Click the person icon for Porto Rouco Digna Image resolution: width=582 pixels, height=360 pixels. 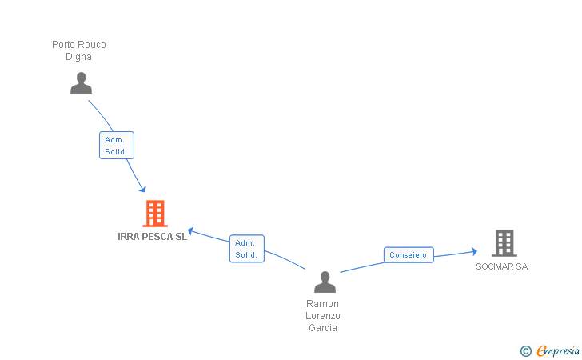[81, 83]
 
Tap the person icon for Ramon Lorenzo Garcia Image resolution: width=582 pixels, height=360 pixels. [325, 282]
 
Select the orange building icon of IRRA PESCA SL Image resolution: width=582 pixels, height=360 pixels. [154, 214]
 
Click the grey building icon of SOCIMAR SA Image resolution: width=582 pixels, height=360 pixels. [504, 242]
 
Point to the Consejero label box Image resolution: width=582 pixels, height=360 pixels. [409, 255]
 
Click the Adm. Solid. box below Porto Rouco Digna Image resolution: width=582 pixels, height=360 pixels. [116, 145]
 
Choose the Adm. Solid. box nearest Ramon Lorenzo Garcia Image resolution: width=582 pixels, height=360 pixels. [246, 249]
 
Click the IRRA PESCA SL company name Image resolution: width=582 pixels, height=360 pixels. [152, 237]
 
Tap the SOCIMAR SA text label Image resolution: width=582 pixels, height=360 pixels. [502, 266]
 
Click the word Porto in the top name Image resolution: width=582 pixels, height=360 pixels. [64, 45]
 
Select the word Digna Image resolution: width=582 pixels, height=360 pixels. [79, 57]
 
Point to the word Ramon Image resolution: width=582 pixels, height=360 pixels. [322, 304]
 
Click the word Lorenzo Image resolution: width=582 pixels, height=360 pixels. [322, 316]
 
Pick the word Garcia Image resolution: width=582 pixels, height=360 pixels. [322, 328]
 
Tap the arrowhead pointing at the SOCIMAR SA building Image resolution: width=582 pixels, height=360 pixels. [473, 251]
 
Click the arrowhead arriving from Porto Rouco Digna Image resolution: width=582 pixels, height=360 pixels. [142, 189]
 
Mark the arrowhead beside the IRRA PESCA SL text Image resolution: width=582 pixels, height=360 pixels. [192, 233]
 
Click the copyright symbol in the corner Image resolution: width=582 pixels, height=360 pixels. [525, 350]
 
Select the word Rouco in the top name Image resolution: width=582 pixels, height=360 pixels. [93, 45]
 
